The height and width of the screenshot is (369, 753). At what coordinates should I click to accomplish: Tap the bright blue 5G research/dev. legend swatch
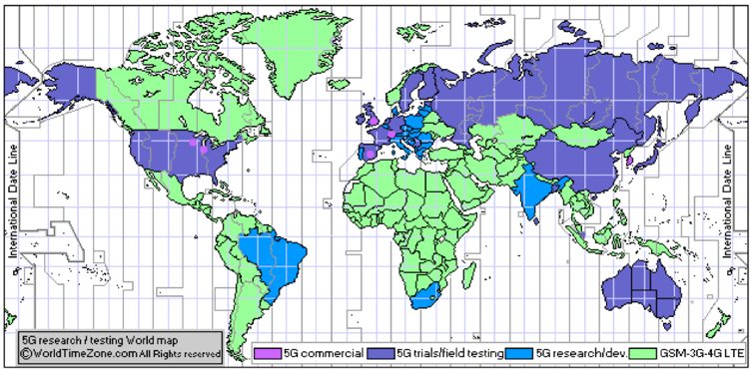pyautogui.click(x=519, y=352)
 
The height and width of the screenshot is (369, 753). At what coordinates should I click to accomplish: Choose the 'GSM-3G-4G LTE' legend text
pyautogui.click(x=703, y=352)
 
